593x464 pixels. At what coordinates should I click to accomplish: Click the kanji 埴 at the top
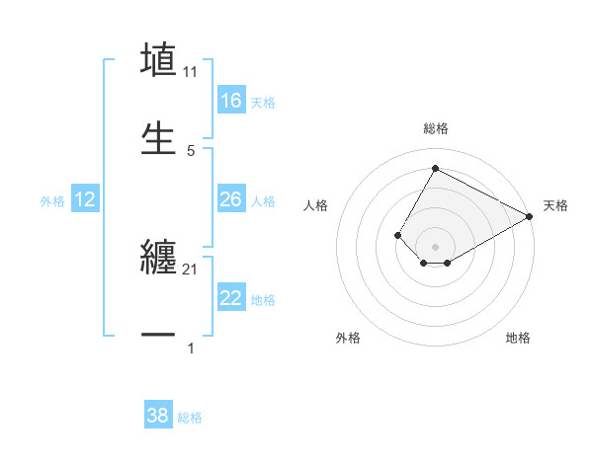click(x=158, y=61)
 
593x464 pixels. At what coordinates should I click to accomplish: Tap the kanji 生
click(x=158, y=138)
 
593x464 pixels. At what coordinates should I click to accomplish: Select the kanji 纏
click(x=158, y=258)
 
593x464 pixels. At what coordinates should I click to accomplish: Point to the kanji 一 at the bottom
click(x=158, y=336)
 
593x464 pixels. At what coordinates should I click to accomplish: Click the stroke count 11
click(x=191, y=72)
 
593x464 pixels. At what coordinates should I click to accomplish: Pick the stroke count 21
click(x=191, y=269)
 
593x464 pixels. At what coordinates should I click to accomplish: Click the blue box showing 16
click(x=231, y=101)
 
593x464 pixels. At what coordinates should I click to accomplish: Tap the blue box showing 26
click(x=231, y=199)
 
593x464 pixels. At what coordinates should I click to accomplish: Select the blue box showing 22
click(x=231, y=298)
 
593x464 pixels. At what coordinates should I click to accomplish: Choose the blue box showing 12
click(x=85, y=199)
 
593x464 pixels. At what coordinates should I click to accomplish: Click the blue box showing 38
click(x=158, y=416)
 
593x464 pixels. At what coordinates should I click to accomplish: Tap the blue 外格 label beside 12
click(x=52, y=200)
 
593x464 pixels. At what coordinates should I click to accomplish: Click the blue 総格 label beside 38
click(x=190, y=418)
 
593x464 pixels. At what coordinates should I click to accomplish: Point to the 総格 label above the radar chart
click(x=435, y=128)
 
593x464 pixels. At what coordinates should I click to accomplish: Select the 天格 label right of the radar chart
click(x=555, y=206)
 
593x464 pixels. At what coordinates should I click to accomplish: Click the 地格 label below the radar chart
click(x=518, y=338)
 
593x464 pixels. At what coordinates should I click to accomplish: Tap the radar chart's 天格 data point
click(x=530, y=216)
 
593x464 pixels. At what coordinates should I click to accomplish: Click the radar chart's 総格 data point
click(x=435, y=168)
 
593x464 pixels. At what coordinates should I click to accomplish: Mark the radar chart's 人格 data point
click(x=397, y=235)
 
